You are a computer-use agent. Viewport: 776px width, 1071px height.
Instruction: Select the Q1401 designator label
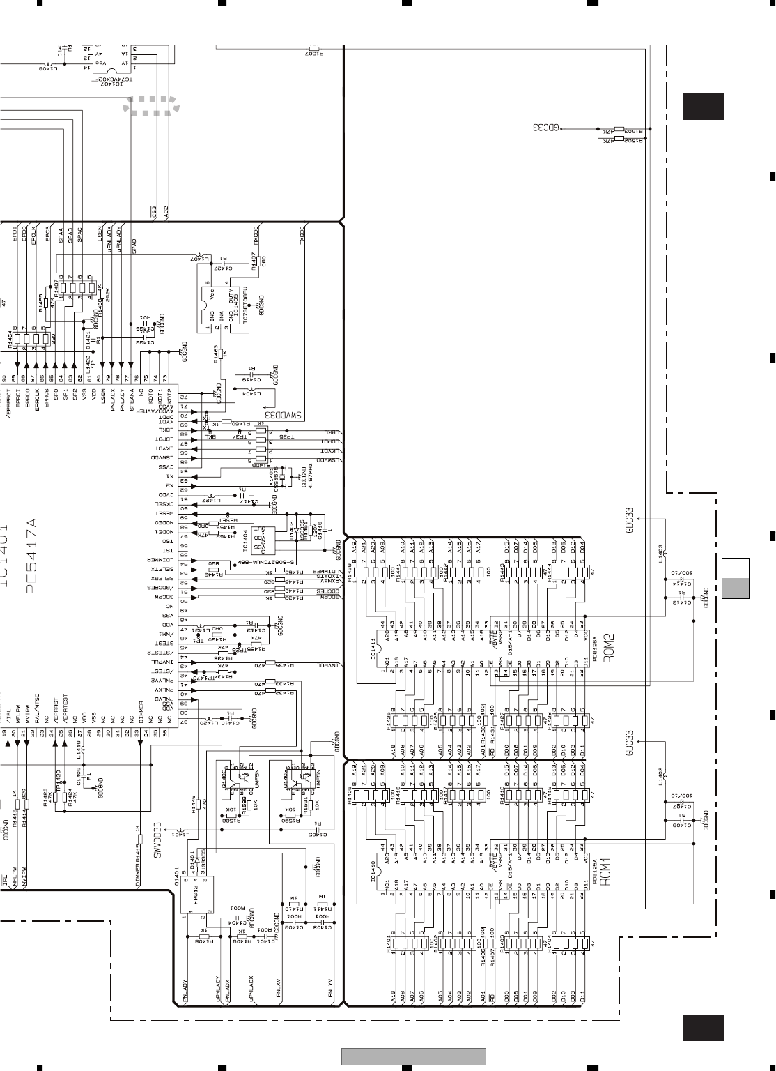tap(177, 868)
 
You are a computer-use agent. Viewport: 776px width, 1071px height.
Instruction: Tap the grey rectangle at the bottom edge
tap(414, 1057)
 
